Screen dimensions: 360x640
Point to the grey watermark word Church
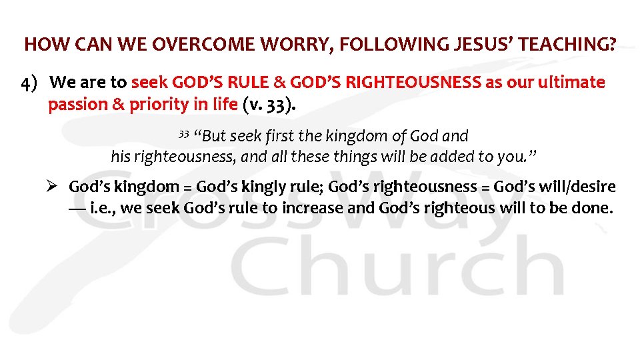coord(400,270)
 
